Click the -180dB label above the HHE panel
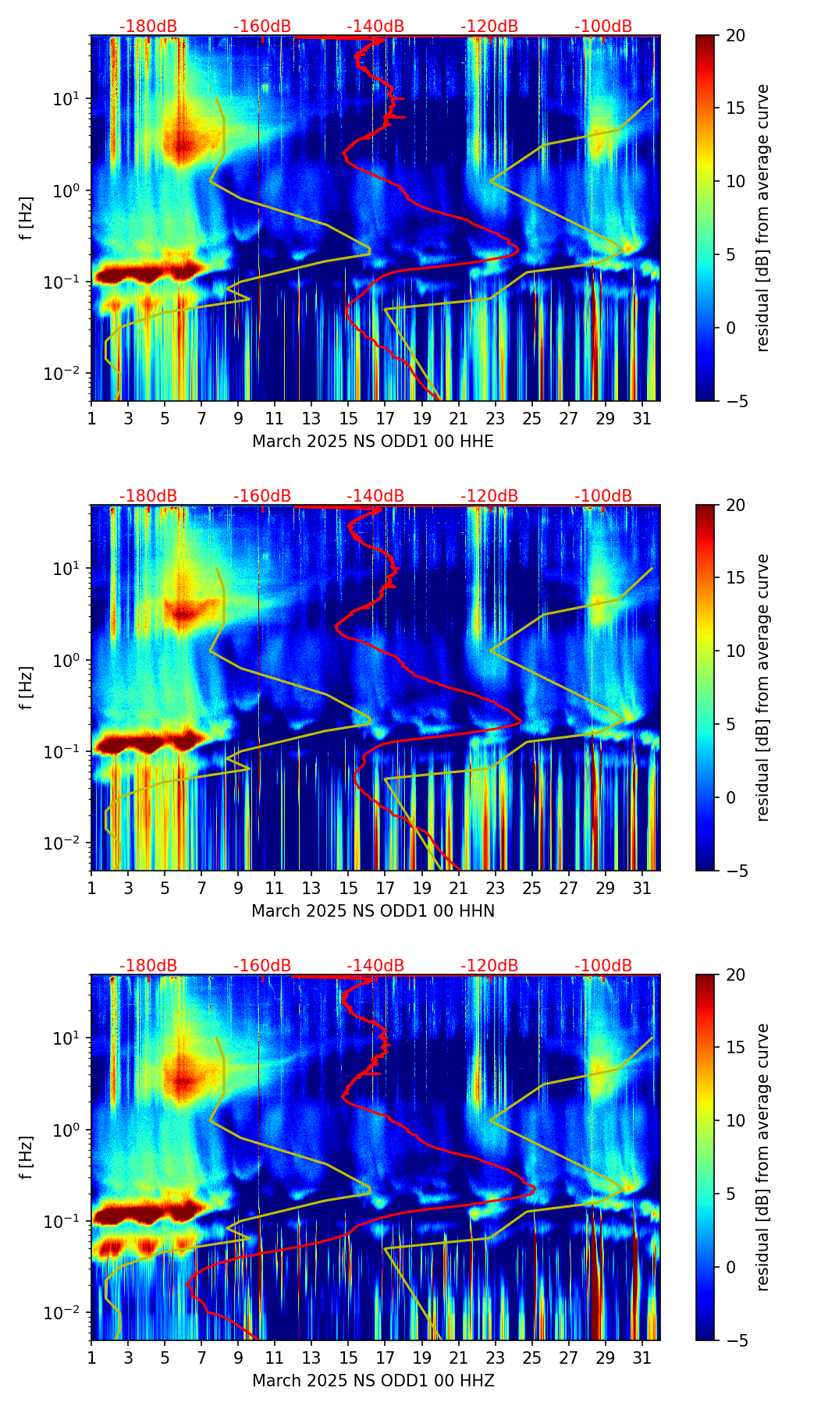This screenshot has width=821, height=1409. point(148,27)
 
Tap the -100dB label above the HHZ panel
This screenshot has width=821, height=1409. point(603,966)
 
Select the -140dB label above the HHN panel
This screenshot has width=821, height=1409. point(375,496)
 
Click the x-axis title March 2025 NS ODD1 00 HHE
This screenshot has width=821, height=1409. point(373,442)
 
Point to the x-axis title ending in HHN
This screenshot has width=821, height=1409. point(373,911)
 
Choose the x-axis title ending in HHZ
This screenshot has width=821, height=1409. point(373,1381)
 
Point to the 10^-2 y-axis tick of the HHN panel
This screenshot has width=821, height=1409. point(69,844)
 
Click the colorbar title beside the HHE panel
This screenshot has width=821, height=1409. point(762,218)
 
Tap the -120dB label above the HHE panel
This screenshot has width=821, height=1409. point(489,27)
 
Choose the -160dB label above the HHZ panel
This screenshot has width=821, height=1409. point(262,966)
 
